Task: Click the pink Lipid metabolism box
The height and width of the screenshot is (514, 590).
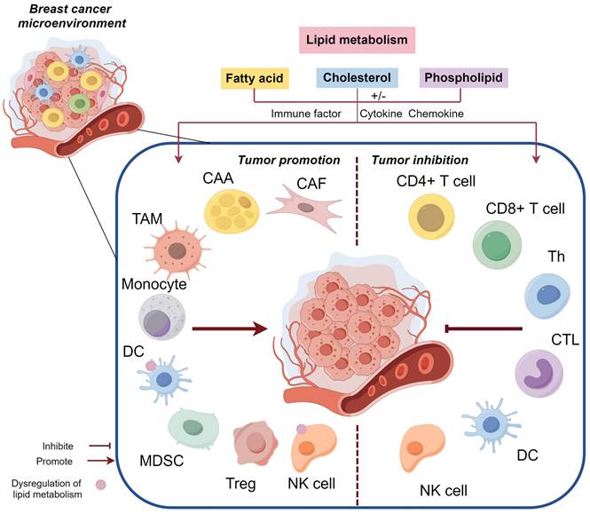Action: [x=358, y=40]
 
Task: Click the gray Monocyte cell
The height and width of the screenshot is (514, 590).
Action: [x=163, y=318]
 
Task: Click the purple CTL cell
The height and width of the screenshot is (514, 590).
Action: [x=540, y=372]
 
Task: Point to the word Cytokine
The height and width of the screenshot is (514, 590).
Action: [x=379, y=113]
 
